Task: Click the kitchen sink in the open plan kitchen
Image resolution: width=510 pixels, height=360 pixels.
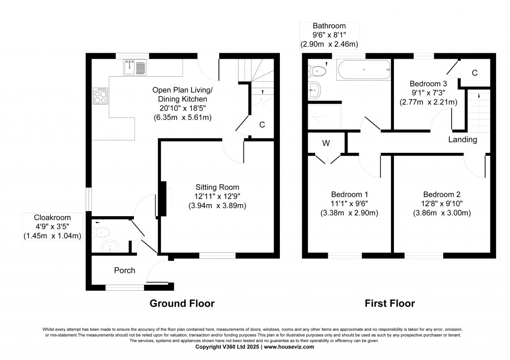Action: click(134, 68)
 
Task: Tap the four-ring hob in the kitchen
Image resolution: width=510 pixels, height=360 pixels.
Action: click(100, 96)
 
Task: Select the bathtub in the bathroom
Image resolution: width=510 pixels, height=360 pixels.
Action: click(364, 70)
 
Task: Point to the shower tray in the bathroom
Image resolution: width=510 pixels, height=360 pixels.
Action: click(325, 116)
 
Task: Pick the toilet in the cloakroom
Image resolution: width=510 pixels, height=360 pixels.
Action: click(101, 232)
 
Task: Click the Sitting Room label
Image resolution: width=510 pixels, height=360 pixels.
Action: click(217, 187)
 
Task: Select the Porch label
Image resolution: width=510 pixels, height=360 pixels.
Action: click(125, 270)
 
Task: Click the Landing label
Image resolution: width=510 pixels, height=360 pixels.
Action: click(463, 139)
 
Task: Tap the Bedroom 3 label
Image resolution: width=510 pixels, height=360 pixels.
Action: click(428, 84)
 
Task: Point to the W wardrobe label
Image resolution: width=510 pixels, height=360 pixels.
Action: click(326, 143)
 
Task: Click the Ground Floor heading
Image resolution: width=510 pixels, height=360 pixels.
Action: click(182, 303)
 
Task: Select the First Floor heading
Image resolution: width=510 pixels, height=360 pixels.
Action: click(389, 303)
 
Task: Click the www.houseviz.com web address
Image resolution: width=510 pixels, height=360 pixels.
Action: click(289, 347)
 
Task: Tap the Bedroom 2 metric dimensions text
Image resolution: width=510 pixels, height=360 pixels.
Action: click(442, 213)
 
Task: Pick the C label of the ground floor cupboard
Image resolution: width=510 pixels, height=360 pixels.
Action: click(262, 124)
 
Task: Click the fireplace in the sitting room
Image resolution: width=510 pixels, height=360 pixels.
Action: click(163, 199)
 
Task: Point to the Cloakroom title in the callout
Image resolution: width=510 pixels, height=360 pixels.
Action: click(52, 218)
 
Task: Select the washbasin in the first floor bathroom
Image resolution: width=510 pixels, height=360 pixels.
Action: click(314, 90)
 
